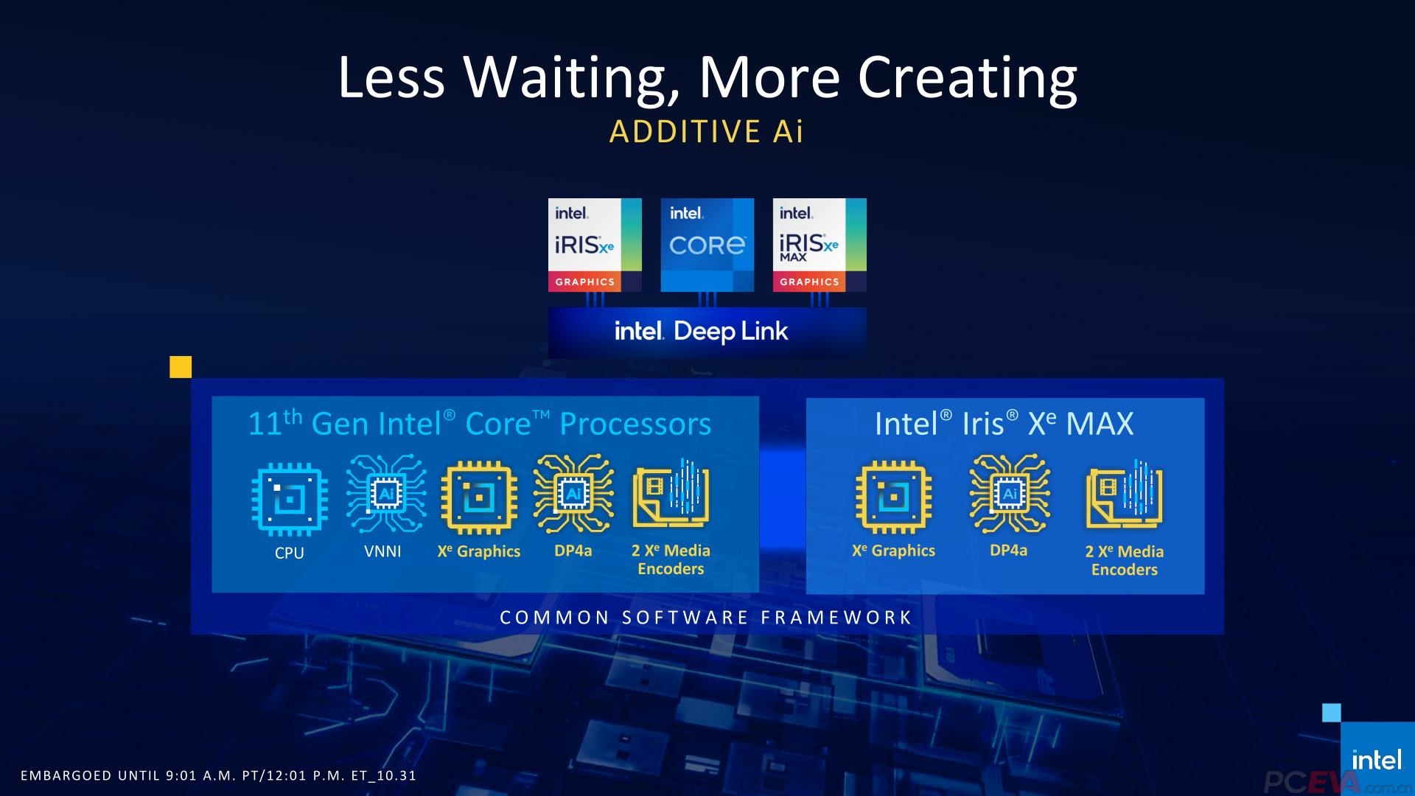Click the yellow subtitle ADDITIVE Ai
706,132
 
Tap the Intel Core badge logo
707,245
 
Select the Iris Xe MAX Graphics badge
819,245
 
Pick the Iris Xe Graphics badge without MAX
594,245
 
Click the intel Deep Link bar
706,332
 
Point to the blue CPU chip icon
289,499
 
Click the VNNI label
382,551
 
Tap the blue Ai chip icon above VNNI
385,494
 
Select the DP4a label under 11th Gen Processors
573,551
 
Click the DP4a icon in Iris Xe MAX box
1009,494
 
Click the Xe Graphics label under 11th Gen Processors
478,551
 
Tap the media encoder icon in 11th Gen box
671,494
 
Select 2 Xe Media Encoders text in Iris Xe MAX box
1124,560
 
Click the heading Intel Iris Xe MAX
1004,424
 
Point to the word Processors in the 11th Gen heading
635,424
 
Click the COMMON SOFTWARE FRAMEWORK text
706,618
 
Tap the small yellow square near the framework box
181,367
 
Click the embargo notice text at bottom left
218,775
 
